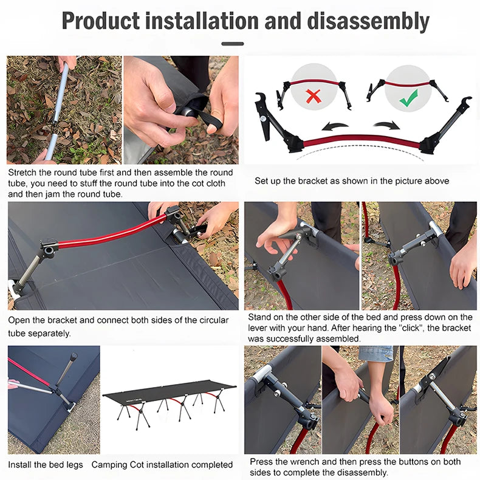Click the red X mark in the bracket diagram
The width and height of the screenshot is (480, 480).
[314, 96]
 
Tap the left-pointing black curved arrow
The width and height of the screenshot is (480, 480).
[334, 126]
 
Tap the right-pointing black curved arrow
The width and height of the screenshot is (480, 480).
[386, 125]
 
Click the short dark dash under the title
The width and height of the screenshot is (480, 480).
[233, 44]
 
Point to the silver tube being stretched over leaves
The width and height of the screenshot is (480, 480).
[61, 109]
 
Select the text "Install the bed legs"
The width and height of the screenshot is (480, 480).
[46, 465]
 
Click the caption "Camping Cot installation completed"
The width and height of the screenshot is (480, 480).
[162, 465]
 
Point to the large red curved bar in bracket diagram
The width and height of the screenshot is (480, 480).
[362, 141]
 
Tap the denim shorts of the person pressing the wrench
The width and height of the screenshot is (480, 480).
[375, 354]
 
